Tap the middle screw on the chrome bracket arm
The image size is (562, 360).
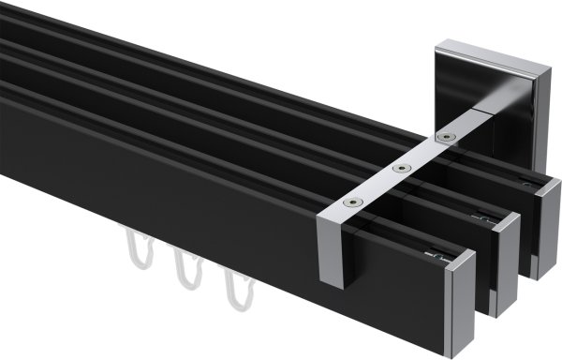coord(401,169)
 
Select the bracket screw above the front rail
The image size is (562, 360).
coord(351,201)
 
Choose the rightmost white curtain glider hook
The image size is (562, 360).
coord(231,292)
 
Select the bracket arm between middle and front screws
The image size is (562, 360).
coord(377,185)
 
